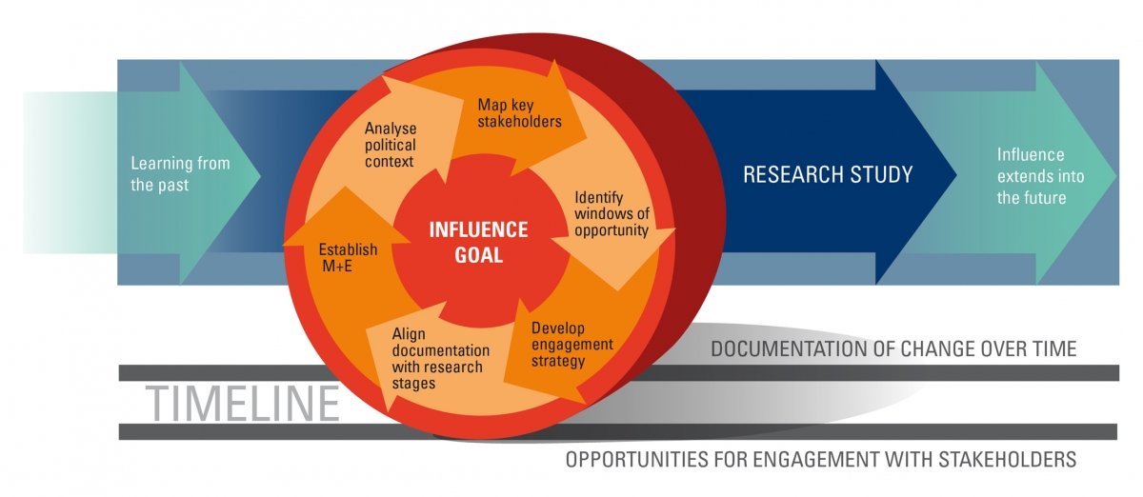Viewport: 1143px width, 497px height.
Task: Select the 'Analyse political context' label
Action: [391, 145]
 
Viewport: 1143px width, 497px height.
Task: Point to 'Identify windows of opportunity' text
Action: [612, 214]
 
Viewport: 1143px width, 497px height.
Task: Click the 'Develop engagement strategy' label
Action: [571, 345]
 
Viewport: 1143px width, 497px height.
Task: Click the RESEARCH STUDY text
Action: [828, 175]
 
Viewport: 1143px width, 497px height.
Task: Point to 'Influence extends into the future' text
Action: [1040, 176]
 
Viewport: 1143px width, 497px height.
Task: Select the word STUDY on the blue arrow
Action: [881, 175]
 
